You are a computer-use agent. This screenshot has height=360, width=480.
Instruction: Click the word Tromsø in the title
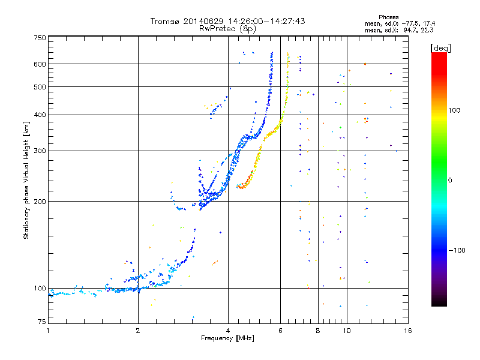pos(165,21)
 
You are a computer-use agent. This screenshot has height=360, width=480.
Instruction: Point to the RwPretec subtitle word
pos(218,29)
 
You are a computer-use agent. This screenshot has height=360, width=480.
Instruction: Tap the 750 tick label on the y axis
pos(40,38)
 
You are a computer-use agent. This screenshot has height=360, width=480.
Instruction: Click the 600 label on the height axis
pos(40,64)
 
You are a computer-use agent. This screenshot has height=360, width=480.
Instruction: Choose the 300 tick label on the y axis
pos(40,151)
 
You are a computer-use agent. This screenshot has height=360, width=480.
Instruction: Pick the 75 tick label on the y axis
pos(42,322)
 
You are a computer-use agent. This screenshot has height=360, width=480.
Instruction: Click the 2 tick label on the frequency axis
pos(138,331)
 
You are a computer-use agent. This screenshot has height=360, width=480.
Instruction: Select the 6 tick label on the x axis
pos(280,331)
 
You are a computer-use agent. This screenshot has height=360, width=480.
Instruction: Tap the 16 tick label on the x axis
pos(408,331)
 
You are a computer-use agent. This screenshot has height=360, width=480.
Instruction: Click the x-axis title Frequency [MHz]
pos(228,338)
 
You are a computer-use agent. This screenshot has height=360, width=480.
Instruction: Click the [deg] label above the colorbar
pos(440,48)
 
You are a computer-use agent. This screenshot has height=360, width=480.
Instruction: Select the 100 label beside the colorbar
pos(454,110)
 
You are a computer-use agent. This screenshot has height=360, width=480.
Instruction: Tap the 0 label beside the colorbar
pos(450,180)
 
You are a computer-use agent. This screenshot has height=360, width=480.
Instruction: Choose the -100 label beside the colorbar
pos(457,250)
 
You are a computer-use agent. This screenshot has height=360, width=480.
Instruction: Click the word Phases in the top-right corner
pos(388,17)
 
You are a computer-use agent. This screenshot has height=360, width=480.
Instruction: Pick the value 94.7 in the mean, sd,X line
pos(410,30)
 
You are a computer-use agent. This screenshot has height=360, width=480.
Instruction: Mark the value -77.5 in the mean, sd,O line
pos(410,23)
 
